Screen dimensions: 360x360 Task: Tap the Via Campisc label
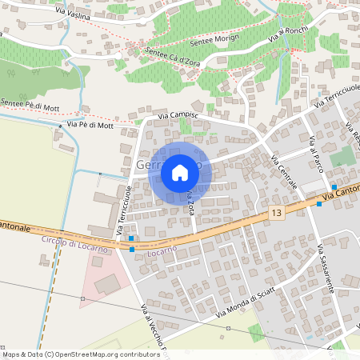(x=178, y=118)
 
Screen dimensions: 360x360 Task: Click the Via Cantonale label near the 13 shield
(x=340, y=196)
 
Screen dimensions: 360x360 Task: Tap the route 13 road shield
(x=276, y=213)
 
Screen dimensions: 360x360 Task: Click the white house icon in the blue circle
(x=180, y=173)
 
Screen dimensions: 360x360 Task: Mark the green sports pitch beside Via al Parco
(x=341, y=157)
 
